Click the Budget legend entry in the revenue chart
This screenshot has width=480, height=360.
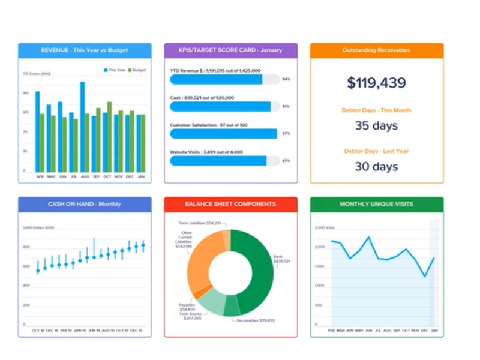(139, 70)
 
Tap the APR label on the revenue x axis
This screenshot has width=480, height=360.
(40, 176)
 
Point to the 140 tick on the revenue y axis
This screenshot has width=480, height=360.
(26, 93)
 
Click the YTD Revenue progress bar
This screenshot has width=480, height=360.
(217, 79)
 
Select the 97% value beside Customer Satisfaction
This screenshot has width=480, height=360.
(286, 133)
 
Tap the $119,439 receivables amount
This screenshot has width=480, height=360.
(376, 83)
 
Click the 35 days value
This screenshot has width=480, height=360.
(376, 126)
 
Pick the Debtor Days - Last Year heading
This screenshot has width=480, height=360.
(376, 151)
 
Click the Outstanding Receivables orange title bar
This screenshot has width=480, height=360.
(376, 50)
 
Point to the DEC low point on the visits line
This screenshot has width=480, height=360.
(425, 277)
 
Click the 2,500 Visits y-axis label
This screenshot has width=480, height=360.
(325, 228)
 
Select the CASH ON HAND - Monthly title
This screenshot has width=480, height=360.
(85, 204)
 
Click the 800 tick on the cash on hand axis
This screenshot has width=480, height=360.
(26, 247)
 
